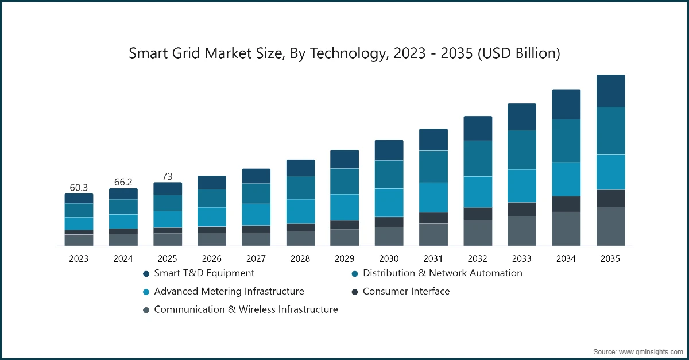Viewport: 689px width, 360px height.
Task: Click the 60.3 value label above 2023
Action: [x=79, y=188]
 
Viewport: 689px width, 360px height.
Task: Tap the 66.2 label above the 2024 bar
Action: [x=123, y=182]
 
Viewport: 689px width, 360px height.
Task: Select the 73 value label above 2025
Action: [x=167, y=176]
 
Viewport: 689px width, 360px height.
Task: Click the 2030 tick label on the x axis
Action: [x=389, y=259]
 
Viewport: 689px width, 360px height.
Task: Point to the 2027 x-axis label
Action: [x=256, y=259]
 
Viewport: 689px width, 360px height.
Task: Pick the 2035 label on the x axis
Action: [x=610, y=259]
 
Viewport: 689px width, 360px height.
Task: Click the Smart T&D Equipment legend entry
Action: [x=204, y=273]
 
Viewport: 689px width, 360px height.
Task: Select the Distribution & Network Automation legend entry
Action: [x=442, y=273]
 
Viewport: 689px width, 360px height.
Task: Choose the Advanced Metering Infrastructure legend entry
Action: [x=229, y=291]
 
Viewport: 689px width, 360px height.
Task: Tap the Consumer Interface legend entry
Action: [x=406, y=291]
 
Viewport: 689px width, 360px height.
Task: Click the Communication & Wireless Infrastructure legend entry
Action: [x=246, y=309]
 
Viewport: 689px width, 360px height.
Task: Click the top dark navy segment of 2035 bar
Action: [x=610, y=91]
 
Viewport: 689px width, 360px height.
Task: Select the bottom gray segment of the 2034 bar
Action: [x=566, y=229]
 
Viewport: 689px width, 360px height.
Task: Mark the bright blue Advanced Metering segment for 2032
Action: [x=478, y=192]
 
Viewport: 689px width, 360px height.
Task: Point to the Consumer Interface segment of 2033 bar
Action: [x=522, y=209]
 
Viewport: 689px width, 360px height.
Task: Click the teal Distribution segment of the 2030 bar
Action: [x=389, y=175]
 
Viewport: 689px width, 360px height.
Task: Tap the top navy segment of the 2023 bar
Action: [x=79, y=198]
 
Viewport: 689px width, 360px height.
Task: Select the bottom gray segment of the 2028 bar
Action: [x=300, y=238]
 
